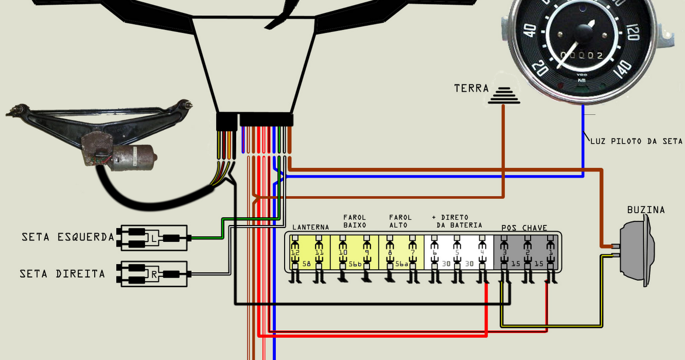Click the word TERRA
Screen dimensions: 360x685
[x=471, y=88]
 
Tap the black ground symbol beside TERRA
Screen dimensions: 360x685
[x=504, y=96]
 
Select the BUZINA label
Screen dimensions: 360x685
[x=646, y=210]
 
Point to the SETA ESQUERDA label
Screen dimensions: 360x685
[x=68, y=238]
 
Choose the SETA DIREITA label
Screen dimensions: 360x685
[x=62, y=274]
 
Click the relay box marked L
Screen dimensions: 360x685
[x=154, y=238]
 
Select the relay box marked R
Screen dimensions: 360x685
[x=154, y=274]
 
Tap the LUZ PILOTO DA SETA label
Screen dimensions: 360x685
[x=636, y=141]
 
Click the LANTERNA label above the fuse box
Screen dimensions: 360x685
[x=310, y=227]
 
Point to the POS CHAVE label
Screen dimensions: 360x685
[x=524, y=227]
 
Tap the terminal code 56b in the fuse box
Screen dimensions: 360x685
[x=355, y=264]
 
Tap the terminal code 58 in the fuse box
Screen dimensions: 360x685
[x=308, y=264]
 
